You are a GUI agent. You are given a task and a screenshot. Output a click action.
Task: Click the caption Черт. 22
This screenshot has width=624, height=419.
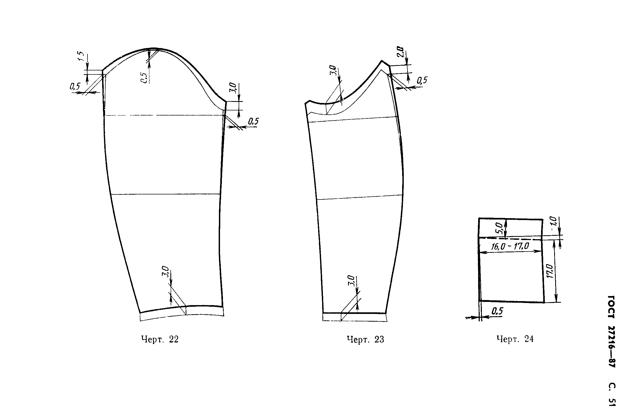160,339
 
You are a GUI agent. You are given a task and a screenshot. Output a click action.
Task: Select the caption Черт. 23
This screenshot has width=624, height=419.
365,339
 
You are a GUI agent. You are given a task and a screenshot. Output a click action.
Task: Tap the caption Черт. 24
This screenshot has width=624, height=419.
515,339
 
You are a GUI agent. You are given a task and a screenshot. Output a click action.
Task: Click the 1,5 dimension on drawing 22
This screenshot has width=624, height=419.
81,56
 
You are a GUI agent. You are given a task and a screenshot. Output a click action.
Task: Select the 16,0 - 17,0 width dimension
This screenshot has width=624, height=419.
510,246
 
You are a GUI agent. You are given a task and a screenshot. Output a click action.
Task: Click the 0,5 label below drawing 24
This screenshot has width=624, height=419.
497,311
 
